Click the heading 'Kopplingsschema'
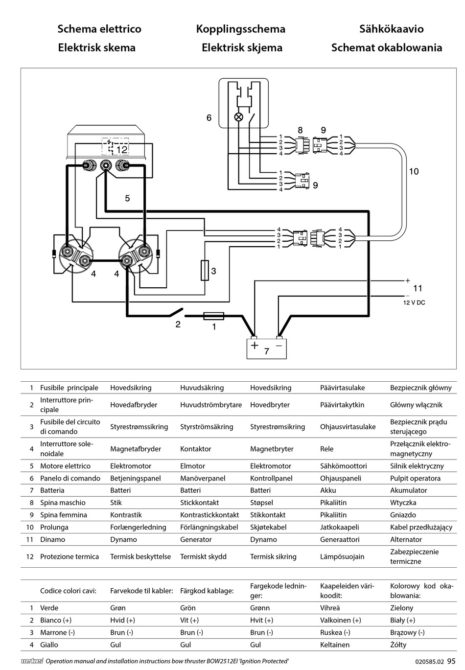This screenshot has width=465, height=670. click(241, 29)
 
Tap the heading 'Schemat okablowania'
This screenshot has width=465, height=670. click(387, 47)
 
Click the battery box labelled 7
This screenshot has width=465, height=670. click(266, 348)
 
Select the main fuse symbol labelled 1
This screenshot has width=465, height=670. click(213, 316)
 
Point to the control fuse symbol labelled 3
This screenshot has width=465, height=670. click(205, 270)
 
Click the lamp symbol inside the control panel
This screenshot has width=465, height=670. click(238, 117)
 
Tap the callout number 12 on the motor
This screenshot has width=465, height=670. click(122, 149)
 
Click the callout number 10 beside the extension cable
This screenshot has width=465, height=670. click(414, 171)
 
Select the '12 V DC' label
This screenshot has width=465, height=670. click(414, 302)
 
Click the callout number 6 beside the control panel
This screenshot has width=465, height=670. click(209, 118)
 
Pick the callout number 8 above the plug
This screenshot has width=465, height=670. click(300, 130)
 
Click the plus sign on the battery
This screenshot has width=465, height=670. click(255, 346)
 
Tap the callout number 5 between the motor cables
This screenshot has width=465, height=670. click(127, 198)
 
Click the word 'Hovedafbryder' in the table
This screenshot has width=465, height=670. click(134, 405)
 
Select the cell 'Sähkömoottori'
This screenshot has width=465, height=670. click(343, 466)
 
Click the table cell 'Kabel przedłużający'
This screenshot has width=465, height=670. click(421, 527)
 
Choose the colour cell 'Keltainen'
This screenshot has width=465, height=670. click(335, 645)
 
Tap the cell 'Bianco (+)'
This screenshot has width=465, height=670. click(56, 620)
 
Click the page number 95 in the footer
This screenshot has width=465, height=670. click(451, 661)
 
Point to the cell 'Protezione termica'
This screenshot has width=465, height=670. click(70, 556)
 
